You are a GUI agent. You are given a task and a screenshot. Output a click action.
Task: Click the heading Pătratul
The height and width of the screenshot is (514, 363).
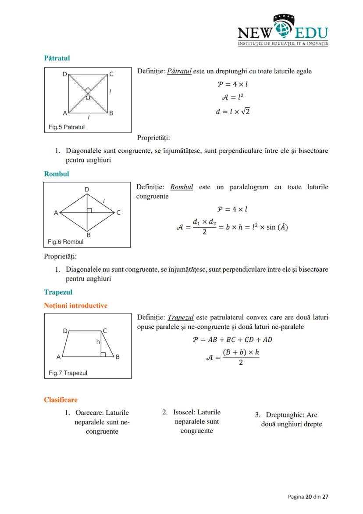click(x=57, y=58)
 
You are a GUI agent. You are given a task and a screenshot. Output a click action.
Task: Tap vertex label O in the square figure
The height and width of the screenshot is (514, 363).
click(x=88, y=98)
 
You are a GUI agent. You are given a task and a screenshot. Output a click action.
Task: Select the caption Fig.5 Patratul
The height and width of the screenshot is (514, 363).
click(x=67, y=127)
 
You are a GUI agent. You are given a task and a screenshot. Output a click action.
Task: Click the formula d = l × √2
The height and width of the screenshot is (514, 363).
click(x=232, y=111)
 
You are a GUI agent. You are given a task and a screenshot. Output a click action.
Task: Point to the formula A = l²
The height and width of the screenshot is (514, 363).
click(x=232, y=97)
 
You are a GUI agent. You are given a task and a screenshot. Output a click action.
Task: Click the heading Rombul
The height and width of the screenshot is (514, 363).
click(x=57, y=174)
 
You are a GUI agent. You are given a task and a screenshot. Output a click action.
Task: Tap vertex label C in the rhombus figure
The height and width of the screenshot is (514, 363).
click(x=118, y=212)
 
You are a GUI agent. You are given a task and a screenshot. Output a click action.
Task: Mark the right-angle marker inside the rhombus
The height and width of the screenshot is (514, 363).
click(x=89, y=210)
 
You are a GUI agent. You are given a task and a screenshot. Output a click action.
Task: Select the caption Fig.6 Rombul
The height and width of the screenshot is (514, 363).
click(x=66, y=242)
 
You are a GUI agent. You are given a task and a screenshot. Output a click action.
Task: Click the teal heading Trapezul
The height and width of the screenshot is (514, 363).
click(x=58, y=292)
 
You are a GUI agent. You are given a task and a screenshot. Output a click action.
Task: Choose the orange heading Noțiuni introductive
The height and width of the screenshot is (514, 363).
click(x=75, y=306)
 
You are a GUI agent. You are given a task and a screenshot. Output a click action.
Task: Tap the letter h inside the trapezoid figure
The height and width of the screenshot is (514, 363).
click(x=98, y=341)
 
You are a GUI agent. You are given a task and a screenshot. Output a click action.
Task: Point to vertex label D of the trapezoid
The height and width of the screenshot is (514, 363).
click(x=65, y=331)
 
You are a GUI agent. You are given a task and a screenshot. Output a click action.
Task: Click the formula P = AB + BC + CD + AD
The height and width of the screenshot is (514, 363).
click(x=232, y=340)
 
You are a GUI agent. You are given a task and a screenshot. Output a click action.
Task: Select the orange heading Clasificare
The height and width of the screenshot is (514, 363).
click(x=60, y=400)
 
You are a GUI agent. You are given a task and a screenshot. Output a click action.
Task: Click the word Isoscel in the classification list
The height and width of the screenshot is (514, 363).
click(x=184, y=412)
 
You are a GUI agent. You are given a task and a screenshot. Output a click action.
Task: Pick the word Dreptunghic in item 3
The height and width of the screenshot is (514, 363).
click(x=285, y=415)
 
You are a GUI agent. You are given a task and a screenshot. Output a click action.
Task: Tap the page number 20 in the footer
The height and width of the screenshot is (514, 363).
click(x=308, y=496)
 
